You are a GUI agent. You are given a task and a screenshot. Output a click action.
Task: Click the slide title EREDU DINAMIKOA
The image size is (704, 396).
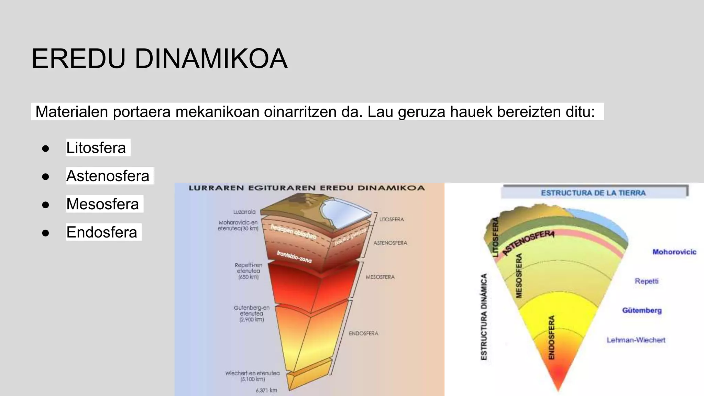tap(159, 59)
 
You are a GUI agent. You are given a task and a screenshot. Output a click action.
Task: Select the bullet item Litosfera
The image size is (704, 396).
tap(96, 148)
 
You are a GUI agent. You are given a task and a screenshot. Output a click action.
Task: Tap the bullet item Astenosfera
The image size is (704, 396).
tap(108, 176)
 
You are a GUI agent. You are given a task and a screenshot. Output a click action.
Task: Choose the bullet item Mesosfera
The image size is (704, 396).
tap(102, 204)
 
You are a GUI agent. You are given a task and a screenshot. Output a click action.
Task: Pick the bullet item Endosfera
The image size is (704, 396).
tap(102, 232)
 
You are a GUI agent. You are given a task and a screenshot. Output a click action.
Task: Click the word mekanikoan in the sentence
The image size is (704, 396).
tap(217, 112)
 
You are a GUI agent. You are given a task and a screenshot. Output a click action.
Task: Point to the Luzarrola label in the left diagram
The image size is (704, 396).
tap(244, 212)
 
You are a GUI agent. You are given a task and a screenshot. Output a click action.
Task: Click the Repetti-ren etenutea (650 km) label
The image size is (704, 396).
tap(248, 271)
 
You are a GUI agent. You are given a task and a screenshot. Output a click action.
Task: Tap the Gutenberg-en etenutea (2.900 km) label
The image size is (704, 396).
tap(252, 313)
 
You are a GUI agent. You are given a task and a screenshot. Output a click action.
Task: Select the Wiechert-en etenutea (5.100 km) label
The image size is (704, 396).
tap(252, 376)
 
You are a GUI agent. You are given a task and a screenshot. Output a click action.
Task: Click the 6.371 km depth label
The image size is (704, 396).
tap(266, 390)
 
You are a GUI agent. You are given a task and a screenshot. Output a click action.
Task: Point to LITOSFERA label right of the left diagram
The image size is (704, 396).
tap(391, 219)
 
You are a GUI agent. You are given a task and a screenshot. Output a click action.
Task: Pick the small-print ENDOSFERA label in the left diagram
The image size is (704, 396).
tap(363, 333)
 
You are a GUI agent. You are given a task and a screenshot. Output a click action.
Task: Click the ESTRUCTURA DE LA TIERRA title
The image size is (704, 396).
tap(593, 193)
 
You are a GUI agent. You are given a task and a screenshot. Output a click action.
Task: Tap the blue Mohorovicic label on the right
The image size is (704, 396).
tap(674, 252)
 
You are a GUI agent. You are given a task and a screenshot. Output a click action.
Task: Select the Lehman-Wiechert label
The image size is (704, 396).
tap(636, 340)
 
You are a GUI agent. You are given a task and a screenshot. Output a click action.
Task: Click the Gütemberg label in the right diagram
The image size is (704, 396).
tap(642, 310)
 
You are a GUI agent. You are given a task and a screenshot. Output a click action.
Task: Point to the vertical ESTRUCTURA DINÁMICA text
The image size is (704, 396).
tap(484, 317)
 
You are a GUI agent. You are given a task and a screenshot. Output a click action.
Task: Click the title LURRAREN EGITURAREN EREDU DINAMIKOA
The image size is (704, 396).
tap(307, 188)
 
